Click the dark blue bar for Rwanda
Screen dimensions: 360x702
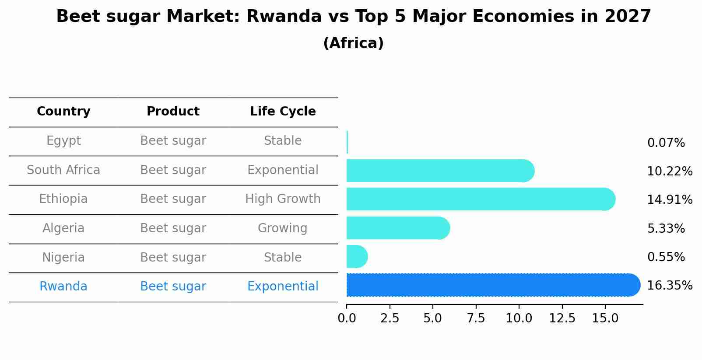coord(492,285)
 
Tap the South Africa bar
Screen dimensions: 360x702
coord(440,171)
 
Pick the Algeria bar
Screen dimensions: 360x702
coord(397,228)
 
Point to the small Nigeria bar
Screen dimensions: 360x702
coord(356,256)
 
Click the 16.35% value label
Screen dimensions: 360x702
coord(669,286)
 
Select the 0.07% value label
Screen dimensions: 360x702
coord(666,143)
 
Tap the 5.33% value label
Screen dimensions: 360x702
coord(666,228)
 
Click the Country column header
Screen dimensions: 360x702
coord(63,112)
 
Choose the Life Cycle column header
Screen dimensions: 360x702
coord(283,112)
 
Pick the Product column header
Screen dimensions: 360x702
coord(173,112)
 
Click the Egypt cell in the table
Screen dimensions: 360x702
coord(63,141)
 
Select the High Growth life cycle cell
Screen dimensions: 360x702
coord(283,199)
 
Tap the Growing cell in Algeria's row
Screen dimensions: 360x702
coord(282,228)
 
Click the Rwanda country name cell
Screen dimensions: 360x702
coord(63,287)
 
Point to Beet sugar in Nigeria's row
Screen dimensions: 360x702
coord(173,258)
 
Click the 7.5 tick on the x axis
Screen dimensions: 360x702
coord(476,318)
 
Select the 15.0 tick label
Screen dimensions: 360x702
coord(605,318)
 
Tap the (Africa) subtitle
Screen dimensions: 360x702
coord(353,43)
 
